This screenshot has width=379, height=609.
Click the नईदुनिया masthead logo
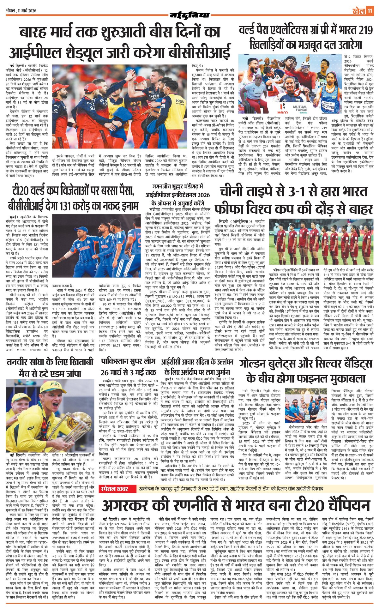[189, 15]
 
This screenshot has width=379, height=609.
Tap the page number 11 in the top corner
[370, 11]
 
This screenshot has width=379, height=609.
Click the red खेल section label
[358, 11]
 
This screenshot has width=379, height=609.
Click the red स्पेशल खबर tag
[114, 489]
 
